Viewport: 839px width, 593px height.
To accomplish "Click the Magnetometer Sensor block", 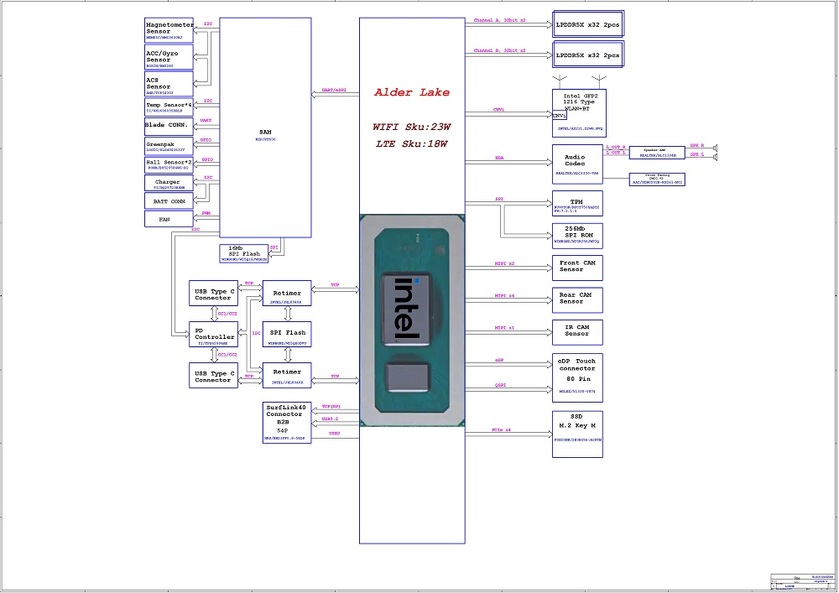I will [x=169, y=31].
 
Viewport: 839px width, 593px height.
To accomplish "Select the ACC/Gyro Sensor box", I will [x=169, y=60].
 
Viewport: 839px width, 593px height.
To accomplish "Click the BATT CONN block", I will [x=169, y=200].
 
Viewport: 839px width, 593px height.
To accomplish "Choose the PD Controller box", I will [x=213, y=335].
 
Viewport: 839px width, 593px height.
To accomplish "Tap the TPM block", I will [x=577, y=205].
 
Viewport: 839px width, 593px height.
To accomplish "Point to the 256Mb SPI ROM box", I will [x=577, y=235].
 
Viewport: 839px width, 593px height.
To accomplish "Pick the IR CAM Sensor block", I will [x=577, y=331].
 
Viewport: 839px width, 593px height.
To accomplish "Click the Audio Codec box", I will [x=577, y=164].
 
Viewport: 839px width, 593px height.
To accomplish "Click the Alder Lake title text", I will [x=412, y=92].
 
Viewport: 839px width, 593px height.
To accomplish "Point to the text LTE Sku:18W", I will [x=412, y=144].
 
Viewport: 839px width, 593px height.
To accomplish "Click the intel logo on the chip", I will [x=410, y=308].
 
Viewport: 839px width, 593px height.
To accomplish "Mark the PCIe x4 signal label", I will [x=503, y=429].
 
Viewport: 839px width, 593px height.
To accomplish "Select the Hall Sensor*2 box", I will [x=169, y=164].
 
